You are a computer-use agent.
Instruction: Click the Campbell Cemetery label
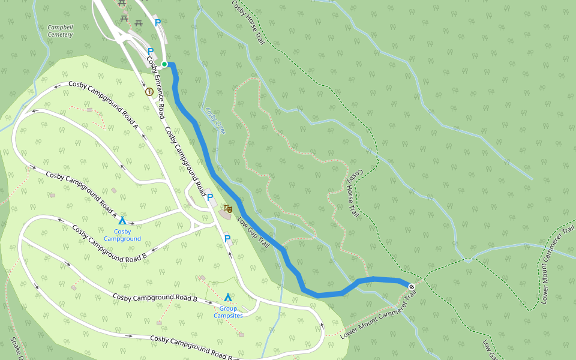pyautogui.click(x=60, y=31)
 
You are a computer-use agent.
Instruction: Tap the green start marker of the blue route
pyautogui.click(x=164, y=64)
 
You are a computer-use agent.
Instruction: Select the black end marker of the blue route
pyautogui.click(x=412, y=286)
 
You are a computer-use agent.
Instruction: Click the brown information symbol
pyautogui.click(x=149, y=92)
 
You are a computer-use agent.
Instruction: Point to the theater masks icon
pyautogui.click(x=227, y=209)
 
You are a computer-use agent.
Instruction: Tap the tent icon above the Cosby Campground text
pyautogui.click(x=122, y=221)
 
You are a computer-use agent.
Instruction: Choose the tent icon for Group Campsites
pyautogui.click(x=228, y=298)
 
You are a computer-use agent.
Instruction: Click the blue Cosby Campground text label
pyautogui.click(x=122, y=235)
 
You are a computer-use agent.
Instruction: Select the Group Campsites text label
pyautogui.click(x=228, y=312)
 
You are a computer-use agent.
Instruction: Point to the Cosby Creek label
pyautogui.click(x=214, y=121)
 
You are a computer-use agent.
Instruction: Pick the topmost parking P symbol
pyautogui.click(x=158, y=23)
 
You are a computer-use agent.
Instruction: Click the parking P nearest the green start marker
pyautogui.click(x=151, y=52)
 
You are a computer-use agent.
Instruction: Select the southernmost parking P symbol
pyautogui.click(x=227, y=239)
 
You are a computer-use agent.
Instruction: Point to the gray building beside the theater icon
pyautogui.click(x=224, y=215)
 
